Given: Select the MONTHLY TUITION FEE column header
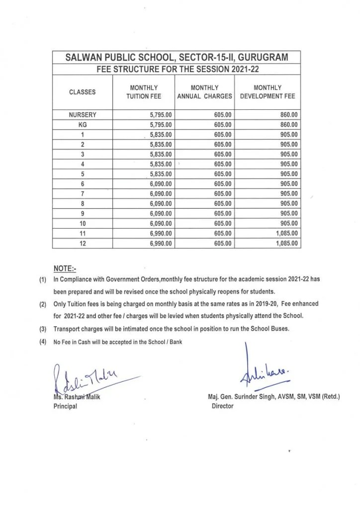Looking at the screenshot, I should pos(144,92).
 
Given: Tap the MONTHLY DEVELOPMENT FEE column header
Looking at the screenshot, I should pos(267,92).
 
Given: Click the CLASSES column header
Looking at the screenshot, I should pos(83,92).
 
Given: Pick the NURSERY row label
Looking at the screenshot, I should pos(83,115).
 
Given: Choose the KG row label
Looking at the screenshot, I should pos(83,125).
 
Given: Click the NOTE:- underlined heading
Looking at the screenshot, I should pos(64,269).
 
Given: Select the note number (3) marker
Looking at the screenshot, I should pos(43,329).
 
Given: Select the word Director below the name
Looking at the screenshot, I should pos(222,406).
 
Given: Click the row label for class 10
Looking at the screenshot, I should pos(83,224).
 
